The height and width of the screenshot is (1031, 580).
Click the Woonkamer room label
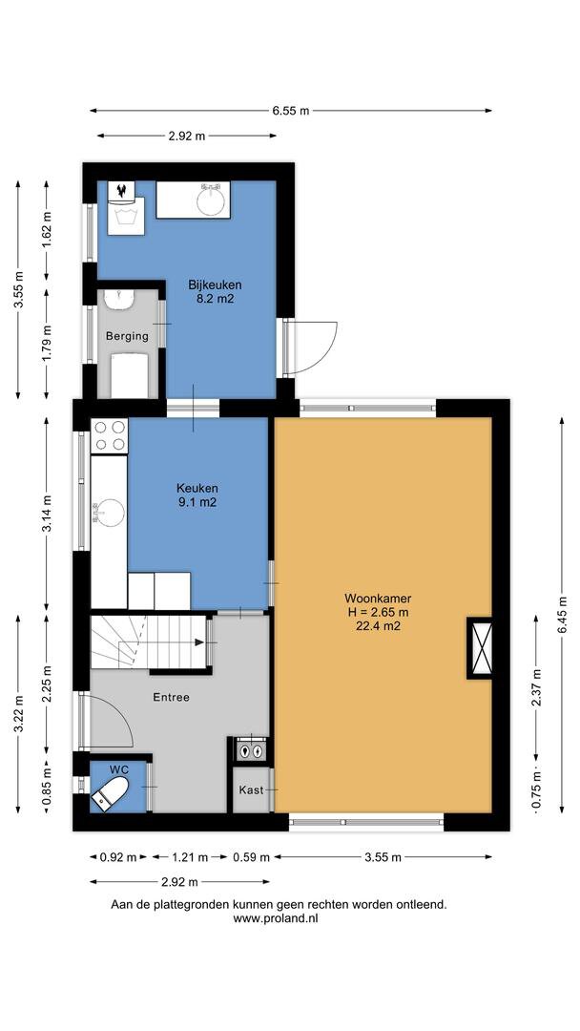tap(378, 599)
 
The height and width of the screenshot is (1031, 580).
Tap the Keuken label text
tap(197, 489)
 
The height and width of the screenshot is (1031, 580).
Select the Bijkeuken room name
tap(215, 285)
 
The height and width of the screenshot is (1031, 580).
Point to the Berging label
tap(127, 336)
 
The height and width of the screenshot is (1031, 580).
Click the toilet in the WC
tap(110, 791)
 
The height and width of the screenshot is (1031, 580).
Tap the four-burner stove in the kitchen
tap(109, 435)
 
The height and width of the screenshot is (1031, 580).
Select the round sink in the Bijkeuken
tap(211, 200)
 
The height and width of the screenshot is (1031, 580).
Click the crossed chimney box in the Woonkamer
tap(481, 647)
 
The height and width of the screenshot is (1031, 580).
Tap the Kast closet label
tap(251, 789)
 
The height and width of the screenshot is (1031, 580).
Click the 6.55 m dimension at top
tap(290, 111)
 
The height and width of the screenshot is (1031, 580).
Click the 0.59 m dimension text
tap(250, 856)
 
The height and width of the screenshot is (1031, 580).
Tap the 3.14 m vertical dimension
tap(46, 514)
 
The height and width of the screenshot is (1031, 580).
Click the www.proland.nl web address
tap(276, 918)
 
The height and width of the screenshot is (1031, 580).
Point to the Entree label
tap(171, 697)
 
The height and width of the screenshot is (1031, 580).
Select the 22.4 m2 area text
tap(378, 626)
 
